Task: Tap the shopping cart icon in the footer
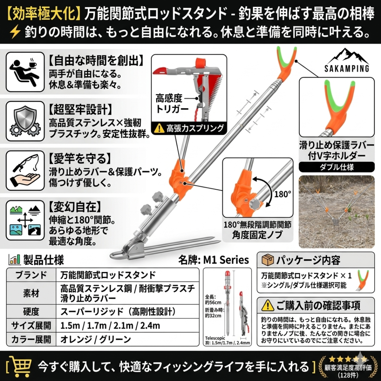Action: click(20, 366)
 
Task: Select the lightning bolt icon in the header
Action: click(15, 32)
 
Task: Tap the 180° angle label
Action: click(283, 194)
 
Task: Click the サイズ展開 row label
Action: click(31, 325)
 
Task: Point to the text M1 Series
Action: click(226, 260)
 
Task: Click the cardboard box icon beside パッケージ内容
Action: click(267, 260)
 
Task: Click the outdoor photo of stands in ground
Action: click(337, 211)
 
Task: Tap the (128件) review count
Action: click(347, 374)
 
